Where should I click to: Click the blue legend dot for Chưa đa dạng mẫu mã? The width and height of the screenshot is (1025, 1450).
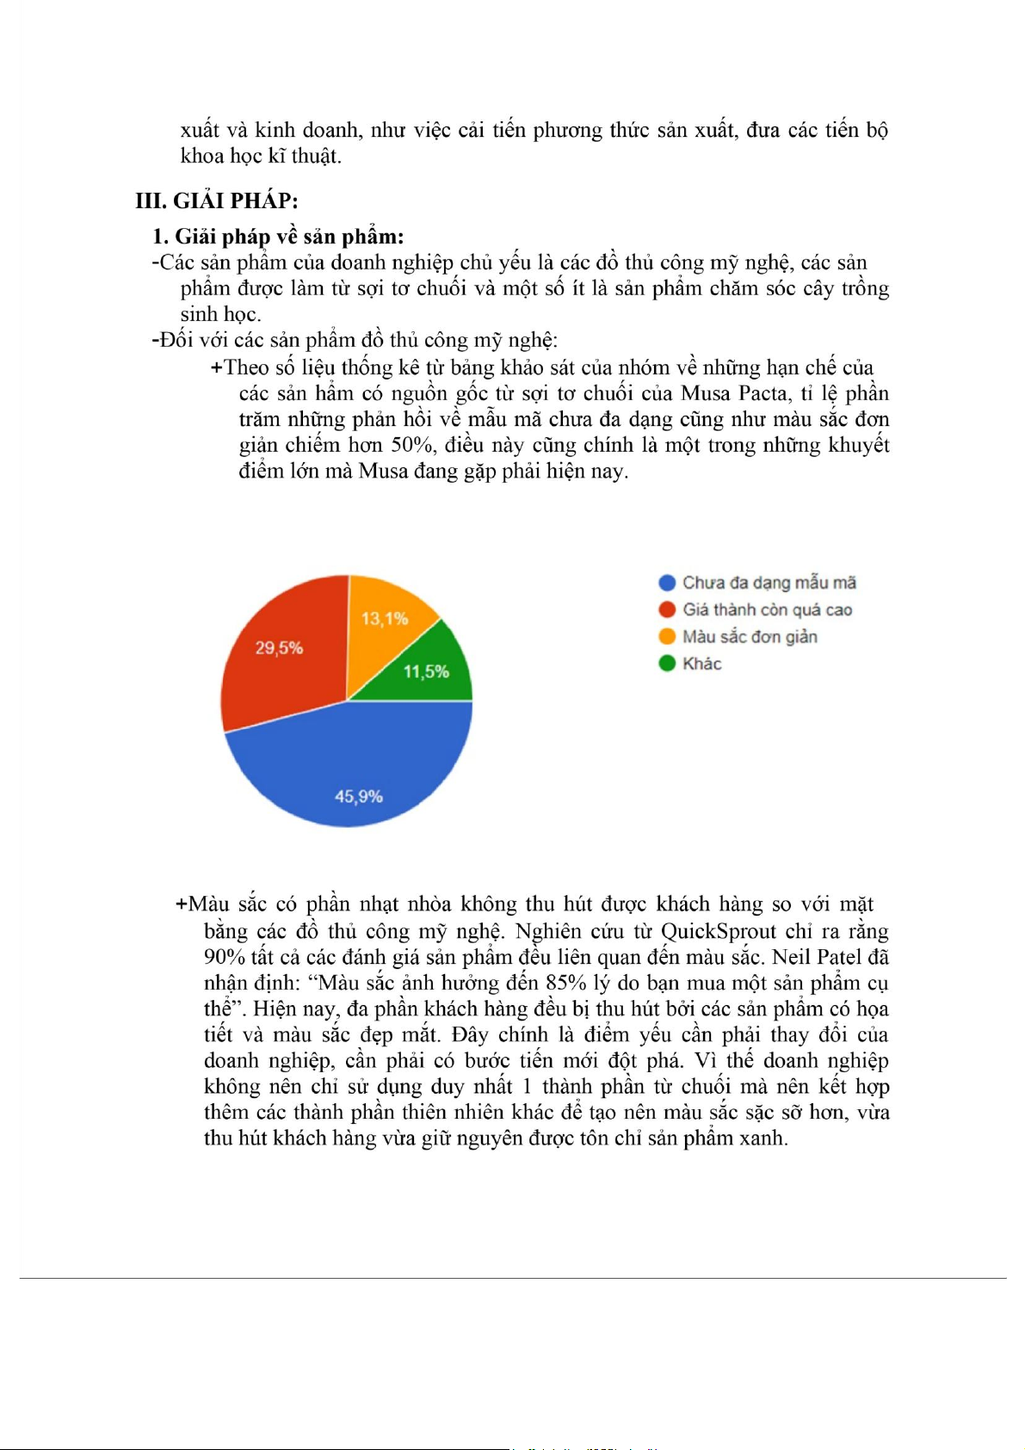click(x=667, y=583)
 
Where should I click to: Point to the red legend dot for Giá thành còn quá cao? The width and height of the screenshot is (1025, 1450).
click(x=667, y=609)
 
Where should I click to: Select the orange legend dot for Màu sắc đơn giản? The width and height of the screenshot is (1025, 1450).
click(x=667, y=637)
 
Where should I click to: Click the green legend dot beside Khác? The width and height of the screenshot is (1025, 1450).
click(x=667, y=663)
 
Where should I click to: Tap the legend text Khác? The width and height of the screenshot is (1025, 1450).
click(x=702, y=663)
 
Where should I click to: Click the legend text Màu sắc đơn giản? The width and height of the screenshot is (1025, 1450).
click(x=750, y=637)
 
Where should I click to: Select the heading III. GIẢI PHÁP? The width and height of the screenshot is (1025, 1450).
click(x=217, y=201)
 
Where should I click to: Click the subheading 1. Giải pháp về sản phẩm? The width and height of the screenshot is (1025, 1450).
click(x=278, y=237)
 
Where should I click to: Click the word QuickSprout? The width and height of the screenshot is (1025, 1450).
click(x=719, y=931)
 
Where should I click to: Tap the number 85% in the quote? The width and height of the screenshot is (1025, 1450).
click(x=565, y=983)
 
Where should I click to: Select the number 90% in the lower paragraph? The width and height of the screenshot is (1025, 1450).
click(x=224, y=957)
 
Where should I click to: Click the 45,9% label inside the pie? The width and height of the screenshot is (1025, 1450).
click(x=359, y=797)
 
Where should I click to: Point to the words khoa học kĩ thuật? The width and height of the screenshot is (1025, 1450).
click(x=261, y=156)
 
